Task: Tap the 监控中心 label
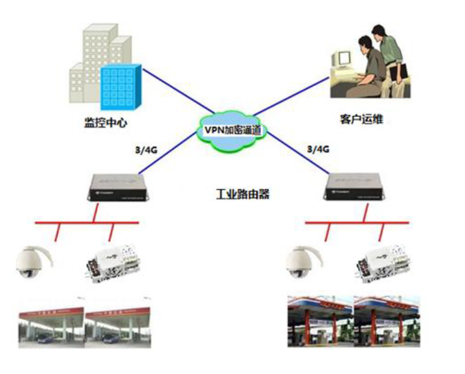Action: click(101, 121)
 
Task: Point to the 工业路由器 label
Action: click(242, 193)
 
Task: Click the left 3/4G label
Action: click(144, 150)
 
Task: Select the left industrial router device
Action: click(115, 188)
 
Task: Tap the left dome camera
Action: click(34, 263)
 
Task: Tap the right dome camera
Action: click(303, 263)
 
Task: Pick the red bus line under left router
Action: click(84, 223)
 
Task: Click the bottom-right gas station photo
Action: click(352, 322)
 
